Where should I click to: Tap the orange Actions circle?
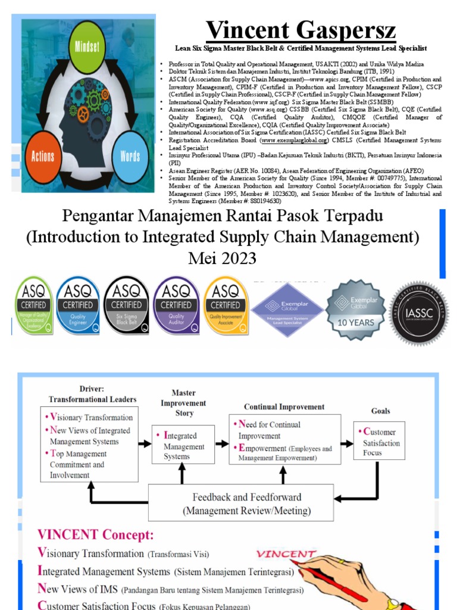pos(43,156)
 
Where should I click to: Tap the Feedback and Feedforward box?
pos(246,504)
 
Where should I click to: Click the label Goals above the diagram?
pos(380,410)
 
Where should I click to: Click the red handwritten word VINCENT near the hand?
pos(286,554)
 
